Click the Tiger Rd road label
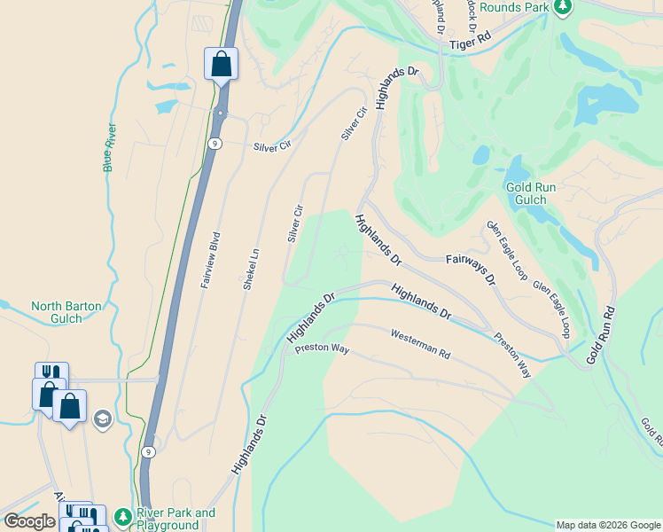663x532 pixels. [x=470, y=42]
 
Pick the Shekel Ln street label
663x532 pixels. [x=251, y=268]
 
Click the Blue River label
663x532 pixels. [x=109, y=146]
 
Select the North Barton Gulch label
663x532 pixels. [x=66, y=312]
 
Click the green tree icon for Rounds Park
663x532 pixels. [x=562, y=7]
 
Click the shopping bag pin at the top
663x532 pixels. [x=221, y=65]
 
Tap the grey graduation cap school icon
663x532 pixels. [x=102, y=418]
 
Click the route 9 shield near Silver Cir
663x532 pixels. [x=215, y=143]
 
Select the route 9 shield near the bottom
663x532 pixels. [x=148, y=452]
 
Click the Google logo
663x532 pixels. [x=29, y=521]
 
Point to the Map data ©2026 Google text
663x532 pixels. [x=607, y=525]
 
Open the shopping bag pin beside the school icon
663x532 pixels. [x=69, y=407]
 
